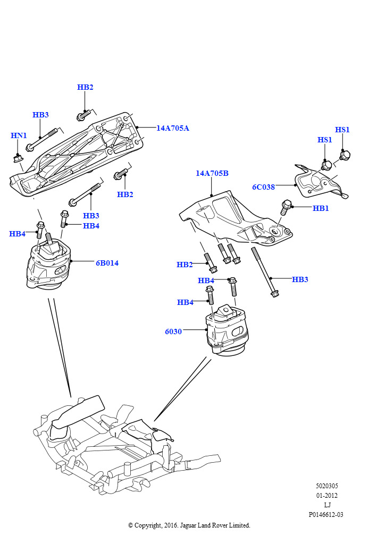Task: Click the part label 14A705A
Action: (x=172, y=128)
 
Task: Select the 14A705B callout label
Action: (x=212, y=173)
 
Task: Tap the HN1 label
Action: (x=19, y=135)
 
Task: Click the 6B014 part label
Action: (x=107, y=263)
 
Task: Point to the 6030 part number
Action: (x=173, y=331)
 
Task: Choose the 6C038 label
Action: (x=263, y=187)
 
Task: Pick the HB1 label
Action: (x=321, y=208)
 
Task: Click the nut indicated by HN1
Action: (x=18, y=158)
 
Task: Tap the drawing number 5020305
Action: (x=327, y=486)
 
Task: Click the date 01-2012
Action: (x=327, y=496)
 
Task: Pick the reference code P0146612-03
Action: (x=326, y=515)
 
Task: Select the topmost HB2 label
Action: (x=85, y=87)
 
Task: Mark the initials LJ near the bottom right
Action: (x=327, y=505)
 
